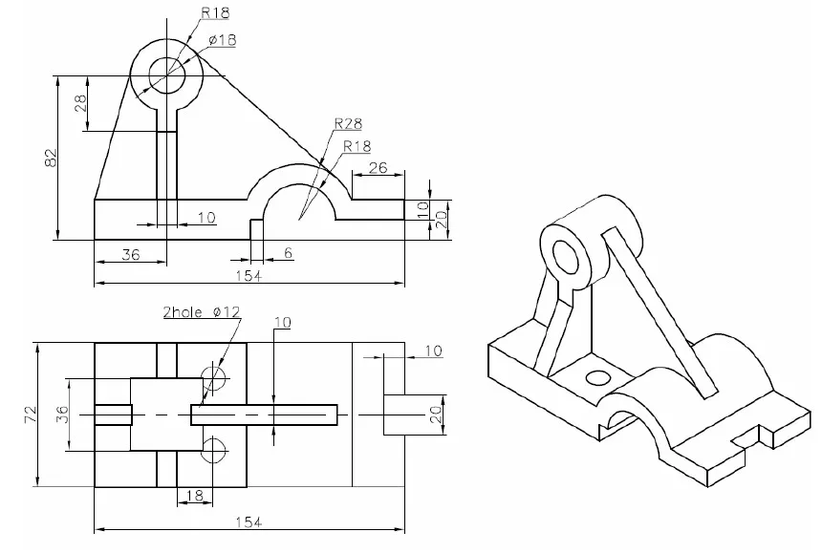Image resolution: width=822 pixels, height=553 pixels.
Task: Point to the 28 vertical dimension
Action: click(80, 103)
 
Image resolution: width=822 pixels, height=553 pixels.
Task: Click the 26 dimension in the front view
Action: click(377, 168)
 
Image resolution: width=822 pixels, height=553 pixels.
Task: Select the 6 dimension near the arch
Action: click(289, 253)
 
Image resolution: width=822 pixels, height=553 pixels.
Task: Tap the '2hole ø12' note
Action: click(202, 312)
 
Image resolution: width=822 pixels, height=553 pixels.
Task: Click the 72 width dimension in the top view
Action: click(27, 413)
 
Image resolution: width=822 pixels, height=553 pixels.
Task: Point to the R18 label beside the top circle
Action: click(215, 14)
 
